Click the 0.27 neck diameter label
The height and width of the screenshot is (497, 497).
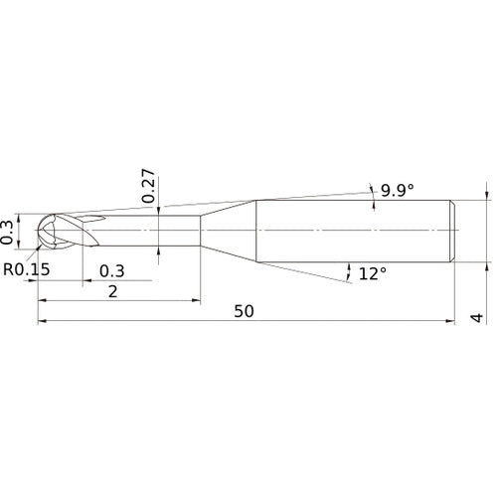(x=148, y=186)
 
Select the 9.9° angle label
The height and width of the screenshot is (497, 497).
(x=398, y=190)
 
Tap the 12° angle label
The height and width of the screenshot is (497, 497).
(x=373, y=273)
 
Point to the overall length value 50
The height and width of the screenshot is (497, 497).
(x=244, y=311)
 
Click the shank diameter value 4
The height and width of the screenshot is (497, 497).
(x=477, y=318)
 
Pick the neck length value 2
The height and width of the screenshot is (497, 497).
(x=113, y=291)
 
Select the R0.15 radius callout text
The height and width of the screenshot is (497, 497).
(x=27, y=269)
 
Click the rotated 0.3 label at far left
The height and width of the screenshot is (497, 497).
(x=7, y=233)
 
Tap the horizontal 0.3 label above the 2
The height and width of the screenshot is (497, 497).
(x=112, y=271)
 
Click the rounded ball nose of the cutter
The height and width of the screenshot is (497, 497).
(x=42, y=231)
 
